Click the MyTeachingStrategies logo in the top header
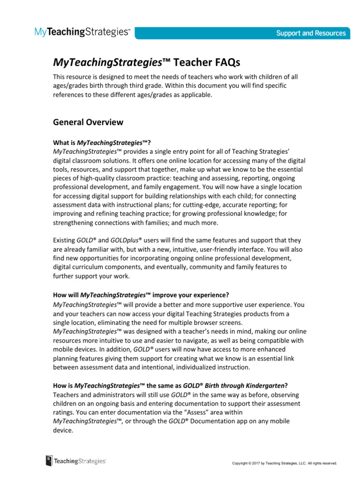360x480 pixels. point(82,32)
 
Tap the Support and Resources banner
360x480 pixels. point(311,33)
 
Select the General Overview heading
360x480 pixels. point(88,122)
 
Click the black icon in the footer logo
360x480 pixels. point(49,461)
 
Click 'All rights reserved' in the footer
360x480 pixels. point(321,463)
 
